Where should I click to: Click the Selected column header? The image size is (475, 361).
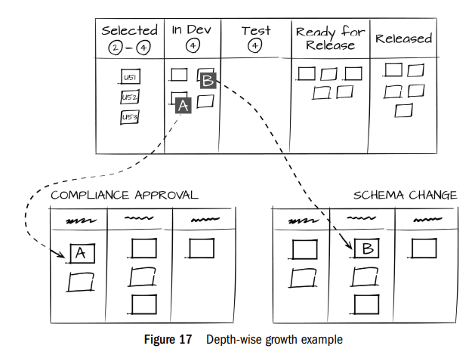tap(129, 30)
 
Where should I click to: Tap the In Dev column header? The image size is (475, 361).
tap(192, 30)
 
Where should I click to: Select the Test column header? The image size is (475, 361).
tap(255, 30)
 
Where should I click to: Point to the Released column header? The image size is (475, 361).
tap(403, 38)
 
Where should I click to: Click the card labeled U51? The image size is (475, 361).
tap(129, 78)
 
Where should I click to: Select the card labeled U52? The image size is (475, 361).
tap(129, 97)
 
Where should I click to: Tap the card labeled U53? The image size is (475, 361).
tap(129, 117)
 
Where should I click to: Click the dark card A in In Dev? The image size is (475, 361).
tap(182, 106)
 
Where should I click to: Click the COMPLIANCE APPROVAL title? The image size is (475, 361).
tap(124, 195)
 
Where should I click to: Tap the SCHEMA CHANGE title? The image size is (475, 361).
tap(405, 195)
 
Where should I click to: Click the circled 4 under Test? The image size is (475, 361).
tap(255, 45)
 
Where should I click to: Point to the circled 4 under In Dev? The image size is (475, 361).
tap(192, 45)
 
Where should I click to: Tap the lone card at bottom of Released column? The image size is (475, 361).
tap(404, 110)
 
